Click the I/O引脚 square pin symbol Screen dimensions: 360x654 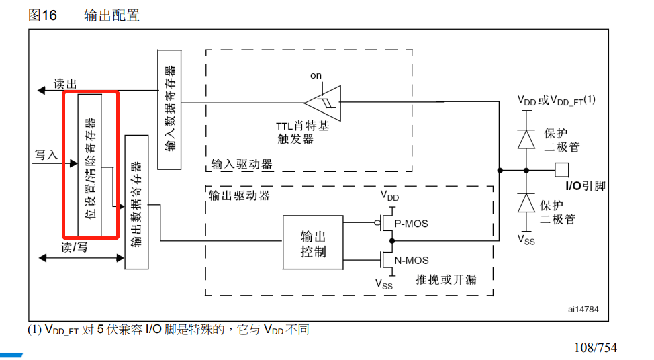click(561, 169)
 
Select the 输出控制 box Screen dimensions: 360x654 click(313, 244)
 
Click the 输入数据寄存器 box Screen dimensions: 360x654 click(169, 109)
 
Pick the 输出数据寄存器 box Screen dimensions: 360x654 click(136, 202)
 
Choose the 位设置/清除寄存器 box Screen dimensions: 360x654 click(90, 165)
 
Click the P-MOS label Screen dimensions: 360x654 click(411, 223)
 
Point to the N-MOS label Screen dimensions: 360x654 click(411, 260)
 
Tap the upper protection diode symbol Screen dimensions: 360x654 click(526, 138)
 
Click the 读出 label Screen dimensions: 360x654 click(66, 84)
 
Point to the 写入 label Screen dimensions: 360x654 click(46, 154)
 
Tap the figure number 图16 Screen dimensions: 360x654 click(42, 15)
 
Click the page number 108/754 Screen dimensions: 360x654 click(595, 347)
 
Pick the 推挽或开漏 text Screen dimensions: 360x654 click(446, 279)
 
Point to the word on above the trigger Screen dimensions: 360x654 click(316, 75)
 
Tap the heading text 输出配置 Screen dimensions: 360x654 click(111, 15)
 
